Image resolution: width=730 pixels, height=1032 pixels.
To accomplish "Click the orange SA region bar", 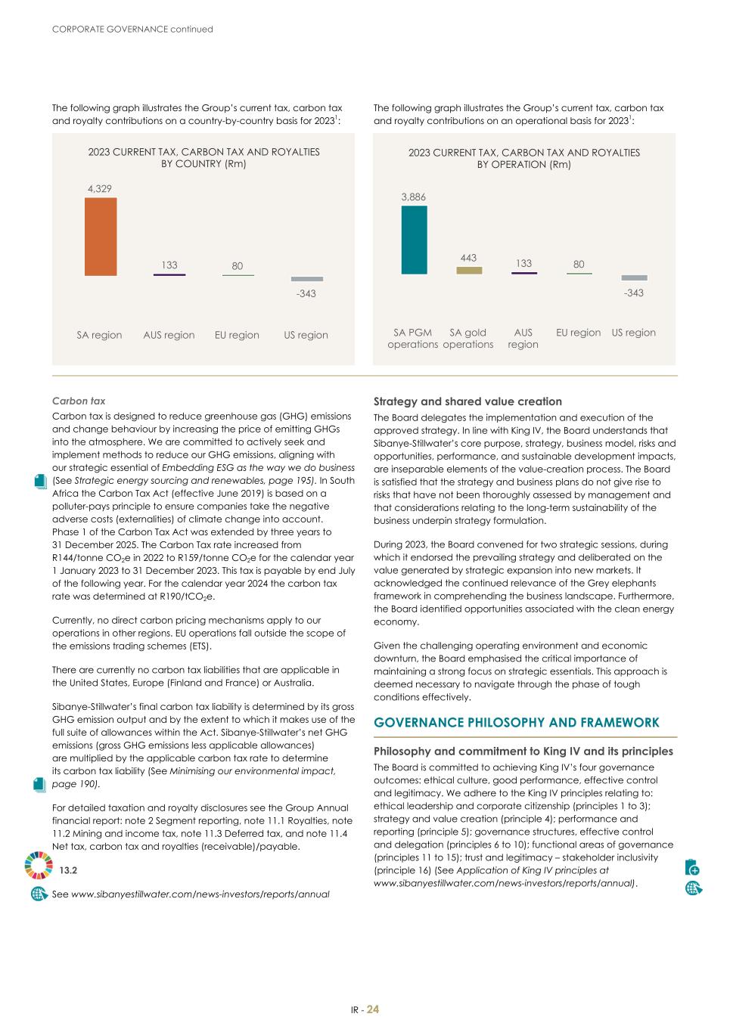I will click(x=100, y=237).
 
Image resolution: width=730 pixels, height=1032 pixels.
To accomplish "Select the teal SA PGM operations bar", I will click(x=414, y=240).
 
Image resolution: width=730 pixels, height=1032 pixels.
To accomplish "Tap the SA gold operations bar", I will click(x=469, y=270).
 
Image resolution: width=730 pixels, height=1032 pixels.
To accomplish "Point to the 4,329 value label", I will click(x=99, y=189).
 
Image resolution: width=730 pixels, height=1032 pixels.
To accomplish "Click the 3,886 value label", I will click(x=413, y=197).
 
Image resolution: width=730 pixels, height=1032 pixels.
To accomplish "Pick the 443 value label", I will click(x=468, y=258).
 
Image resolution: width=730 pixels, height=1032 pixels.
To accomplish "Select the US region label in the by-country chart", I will click(x=306, y=335).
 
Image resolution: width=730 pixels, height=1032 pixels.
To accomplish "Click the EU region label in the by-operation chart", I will click(x=578, y=333).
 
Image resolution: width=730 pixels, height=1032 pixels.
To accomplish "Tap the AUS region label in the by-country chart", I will click(x=169, y=335).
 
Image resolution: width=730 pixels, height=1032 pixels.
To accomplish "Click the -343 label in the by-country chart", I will click(x=306, y=293).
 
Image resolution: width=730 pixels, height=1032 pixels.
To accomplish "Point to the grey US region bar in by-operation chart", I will click(x=634, y=277).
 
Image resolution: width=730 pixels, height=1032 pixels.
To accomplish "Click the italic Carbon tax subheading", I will click(x=79, y=401).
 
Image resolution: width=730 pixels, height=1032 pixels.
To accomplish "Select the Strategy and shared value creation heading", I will click(x=468, y=401).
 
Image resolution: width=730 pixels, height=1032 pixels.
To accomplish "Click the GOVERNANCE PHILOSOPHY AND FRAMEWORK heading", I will click(x=517, y=723).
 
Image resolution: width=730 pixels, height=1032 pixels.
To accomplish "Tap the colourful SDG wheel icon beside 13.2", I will click(x=39, y=865).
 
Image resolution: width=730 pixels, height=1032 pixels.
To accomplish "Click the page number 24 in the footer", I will click(x=373, y=1009).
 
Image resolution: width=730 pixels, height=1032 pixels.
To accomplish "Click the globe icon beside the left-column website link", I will click(x=39, y=894).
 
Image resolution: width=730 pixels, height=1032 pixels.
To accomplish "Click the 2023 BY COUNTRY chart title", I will click(x=203, y=157).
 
